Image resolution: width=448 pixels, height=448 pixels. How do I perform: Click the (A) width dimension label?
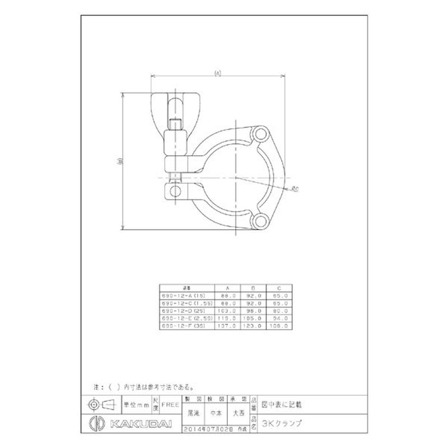(218, 72)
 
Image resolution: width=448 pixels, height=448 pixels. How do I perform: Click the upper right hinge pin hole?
(259, 137)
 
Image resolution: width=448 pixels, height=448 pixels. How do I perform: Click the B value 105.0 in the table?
(255, 318)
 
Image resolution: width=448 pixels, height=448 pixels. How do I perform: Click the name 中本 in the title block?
(216, 414)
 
